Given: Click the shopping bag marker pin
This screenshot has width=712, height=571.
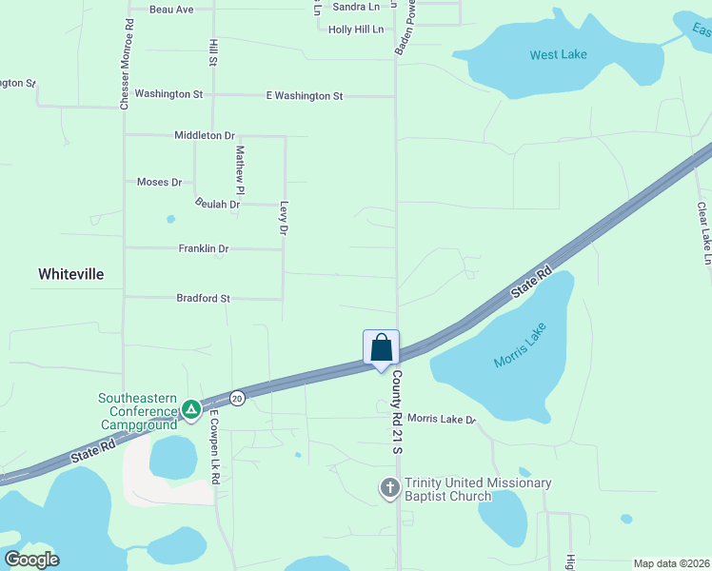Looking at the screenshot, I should (381, 347).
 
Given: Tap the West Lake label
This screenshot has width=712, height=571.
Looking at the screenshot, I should (558, 54).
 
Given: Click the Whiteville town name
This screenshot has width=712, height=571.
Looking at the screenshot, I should (70, 274).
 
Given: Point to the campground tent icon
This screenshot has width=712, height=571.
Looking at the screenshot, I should (191, 409).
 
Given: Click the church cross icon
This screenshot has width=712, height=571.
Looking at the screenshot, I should (389, 488).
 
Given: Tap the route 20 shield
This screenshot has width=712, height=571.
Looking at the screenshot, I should (237, 398).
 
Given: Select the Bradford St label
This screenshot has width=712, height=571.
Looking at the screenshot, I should (203, 298).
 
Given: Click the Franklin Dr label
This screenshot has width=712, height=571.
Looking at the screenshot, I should (204, 248).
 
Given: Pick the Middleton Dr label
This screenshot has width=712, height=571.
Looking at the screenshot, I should (204, 135).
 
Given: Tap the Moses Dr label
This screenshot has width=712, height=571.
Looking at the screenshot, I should (159, 182).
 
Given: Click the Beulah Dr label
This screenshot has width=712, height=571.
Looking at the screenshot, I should (217, 204).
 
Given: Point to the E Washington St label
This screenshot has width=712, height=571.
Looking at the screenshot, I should (304, 96).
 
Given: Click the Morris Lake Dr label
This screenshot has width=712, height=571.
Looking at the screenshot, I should (441, 419).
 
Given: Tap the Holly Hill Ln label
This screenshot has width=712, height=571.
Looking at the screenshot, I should (355, 30).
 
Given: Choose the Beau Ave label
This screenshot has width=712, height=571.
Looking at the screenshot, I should (171, 10).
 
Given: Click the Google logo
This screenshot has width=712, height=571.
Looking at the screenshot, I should (31, 559).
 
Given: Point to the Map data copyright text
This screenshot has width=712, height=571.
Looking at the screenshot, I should (670, 563).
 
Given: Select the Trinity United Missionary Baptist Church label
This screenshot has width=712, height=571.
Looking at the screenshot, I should (478, 489).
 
